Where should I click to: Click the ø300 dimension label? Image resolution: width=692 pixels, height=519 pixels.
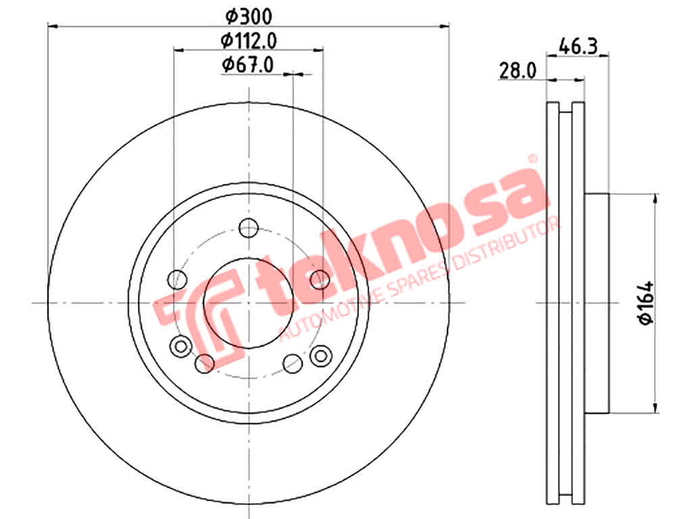pos(249,17)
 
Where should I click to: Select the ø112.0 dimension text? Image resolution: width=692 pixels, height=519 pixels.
pos(249,41)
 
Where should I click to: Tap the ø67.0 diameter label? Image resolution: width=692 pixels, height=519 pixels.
pos(247,65)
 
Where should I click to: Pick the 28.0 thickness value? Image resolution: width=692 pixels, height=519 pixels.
pos(518,70)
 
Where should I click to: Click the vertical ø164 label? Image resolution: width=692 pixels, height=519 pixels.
pos(647,303)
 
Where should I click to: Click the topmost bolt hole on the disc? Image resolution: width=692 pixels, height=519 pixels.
pos(249,228)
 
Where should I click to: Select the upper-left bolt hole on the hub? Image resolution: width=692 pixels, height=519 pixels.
pos(178,279)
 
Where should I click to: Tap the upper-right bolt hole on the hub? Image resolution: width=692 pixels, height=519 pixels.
pos(320,279)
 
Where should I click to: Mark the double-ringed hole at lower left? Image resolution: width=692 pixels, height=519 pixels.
pos(180,346)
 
